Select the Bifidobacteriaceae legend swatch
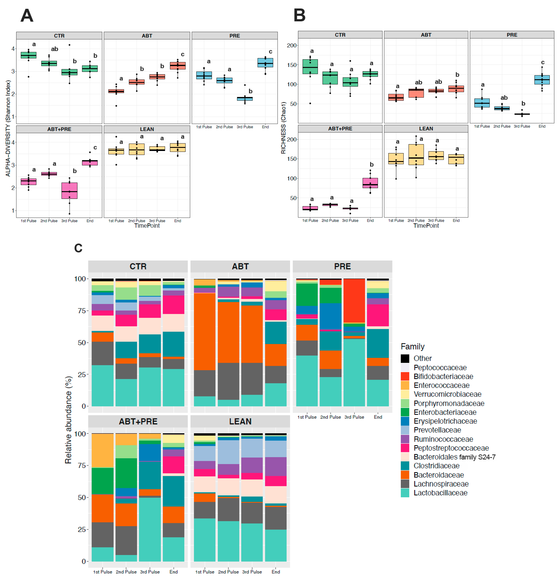coord(405,376)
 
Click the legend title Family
coord(412,347)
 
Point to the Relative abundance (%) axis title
coord(69,419)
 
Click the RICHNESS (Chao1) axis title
coord(283,128)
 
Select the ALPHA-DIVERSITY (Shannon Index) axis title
coord(8,128)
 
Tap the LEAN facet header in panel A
coord(147,129)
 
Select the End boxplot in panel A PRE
coord(265,63)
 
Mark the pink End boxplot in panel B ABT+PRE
coord(370,183)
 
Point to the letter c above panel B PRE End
coord(543,62)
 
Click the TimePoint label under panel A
coord(147,226)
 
